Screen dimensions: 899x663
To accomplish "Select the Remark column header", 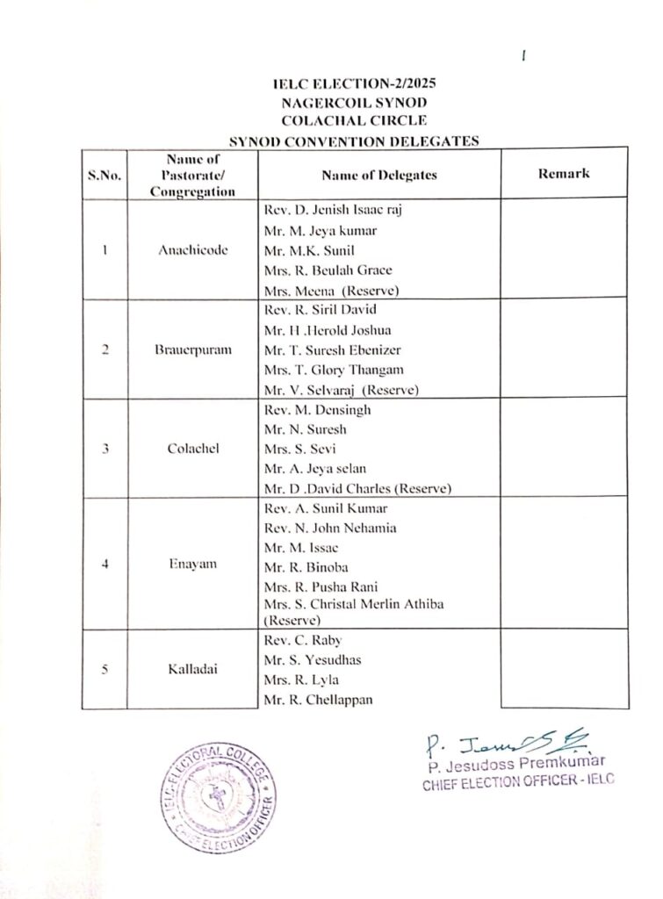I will click(563, 174).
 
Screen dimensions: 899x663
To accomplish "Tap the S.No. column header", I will click(104, 175).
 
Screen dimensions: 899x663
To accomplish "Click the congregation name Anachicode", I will click(193, 250).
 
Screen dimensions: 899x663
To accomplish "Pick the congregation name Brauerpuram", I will click(193, 350).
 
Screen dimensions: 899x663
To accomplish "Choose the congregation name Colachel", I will click(193, 449).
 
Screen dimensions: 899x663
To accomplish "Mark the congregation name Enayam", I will click(193, 564).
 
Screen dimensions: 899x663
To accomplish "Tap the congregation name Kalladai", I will click(193, 669).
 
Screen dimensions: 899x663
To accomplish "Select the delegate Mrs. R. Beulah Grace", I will click(328, 270).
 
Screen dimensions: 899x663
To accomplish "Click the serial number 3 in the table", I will click(104, 449).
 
